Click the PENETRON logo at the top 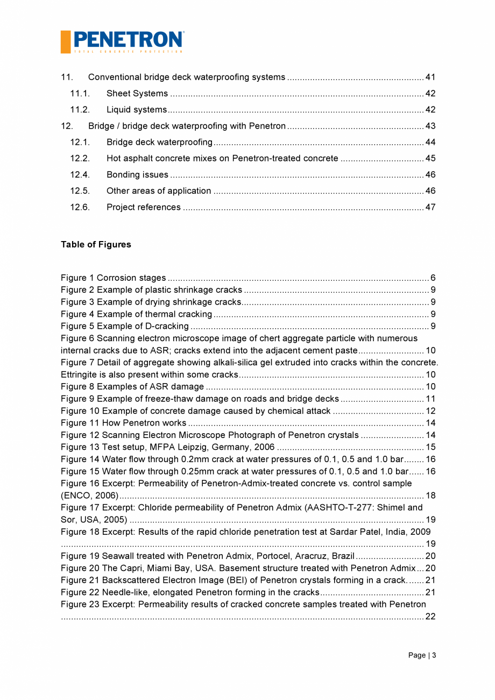click(122, 41)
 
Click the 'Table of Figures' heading click(96, 245)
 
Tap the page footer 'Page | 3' click(422, 655)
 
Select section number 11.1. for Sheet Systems click(80, 94)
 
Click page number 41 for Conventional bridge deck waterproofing click(430, 77)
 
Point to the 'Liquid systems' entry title click(137, 110)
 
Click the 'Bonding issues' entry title click(137, 175)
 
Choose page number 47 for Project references click(430, 207)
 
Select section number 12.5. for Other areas click(80, 191)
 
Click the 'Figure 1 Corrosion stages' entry click(114, 278)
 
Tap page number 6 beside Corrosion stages click(433, 278)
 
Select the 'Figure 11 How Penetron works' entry click(124, 423)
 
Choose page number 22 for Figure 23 click(430, 617)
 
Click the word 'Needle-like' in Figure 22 click(124, 592)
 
